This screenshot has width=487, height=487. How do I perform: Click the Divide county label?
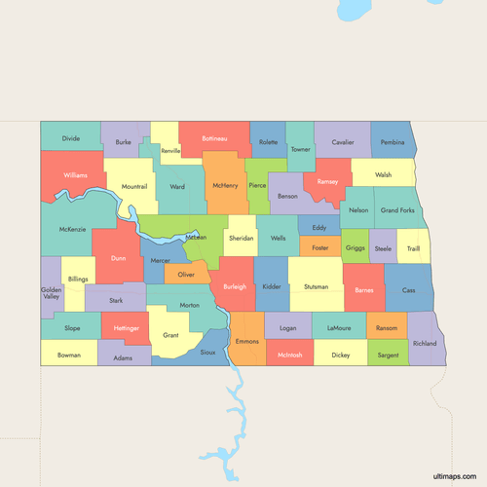coord(70,138)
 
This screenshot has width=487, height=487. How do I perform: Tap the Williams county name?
coord(75,175)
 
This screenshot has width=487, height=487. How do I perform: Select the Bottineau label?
coord(214,139)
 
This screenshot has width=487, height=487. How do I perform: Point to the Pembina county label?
coord(393,142)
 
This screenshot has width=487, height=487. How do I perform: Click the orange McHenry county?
coord(225,184)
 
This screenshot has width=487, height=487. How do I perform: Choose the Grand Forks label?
coord(397,210)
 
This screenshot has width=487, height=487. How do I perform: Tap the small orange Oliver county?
coord(186,276)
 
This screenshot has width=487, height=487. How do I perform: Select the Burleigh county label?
coord(235,287)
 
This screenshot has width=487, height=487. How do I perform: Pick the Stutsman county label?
coord(316,287)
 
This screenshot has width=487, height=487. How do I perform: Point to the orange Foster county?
coord(319,248)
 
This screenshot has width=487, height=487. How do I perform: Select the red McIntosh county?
coord(290,356)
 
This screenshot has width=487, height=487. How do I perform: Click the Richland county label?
coord(425,344)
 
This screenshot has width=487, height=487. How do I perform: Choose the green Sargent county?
coord(387,356)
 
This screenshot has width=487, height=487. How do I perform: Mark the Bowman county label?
coord(69,356)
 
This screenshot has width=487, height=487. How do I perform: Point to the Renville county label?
coord(171,151)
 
